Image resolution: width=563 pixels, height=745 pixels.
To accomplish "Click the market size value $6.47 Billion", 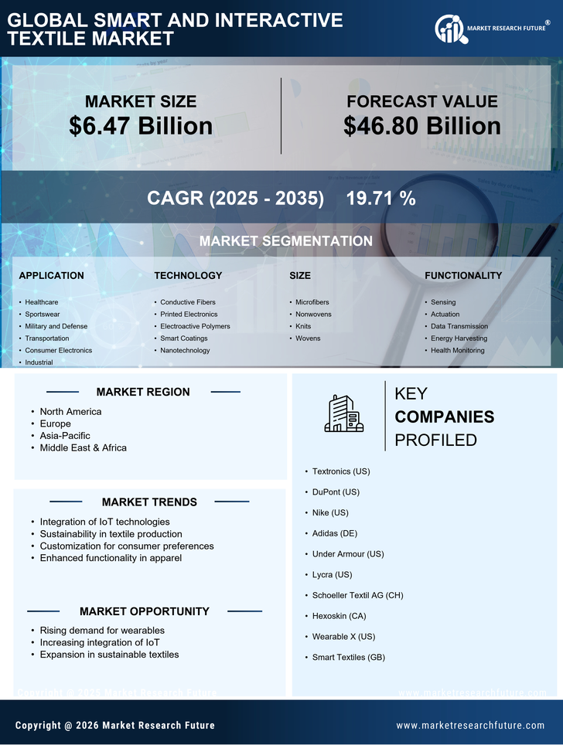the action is tap(141, 126).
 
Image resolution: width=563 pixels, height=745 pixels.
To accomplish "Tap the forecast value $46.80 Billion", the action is tap(421, 126).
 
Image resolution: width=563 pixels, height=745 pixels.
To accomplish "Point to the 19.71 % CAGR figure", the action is tap(380, 198).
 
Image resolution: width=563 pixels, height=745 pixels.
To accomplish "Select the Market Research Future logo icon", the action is tap(449, 29).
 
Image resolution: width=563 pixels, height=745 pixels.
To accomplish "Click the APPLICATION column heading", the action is tap(51, 275).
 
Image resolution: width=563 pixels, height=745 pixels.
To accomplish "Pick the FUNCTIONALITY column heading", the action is tap(462, 275).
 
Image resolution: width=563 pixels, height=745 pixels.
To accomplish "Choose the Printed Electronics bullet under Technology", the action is tap(189, 315).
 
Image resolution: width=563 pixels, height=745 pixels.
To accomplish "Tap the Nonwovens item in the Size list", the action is tap(313, 315).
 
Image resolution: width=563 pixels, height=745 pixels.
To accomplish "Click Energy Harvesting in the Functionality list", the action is tap(459, 338).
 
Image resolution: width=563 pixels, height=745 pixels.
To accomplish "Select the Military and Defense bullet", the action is tap(56, 326).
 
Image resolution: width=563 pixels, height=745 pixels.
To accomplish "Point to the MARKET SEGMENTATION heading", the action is tap(285, 241).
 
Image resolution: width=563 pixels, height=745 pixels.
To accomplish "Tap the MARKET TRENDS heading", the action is tap(149, 502).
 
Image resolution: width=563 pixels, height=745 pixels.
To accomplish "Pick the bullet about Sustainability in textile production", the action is tap(111, 534).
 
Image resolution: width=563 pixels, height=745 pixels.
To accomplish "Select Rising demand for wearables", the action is tap(102, 631).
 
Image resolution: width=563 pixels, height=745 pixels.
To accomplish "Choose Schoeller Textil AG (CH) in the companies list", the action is tap(357, 595).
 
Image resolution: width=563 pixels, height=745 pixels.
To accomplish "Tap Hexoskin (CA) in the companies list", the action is tap(339, 616).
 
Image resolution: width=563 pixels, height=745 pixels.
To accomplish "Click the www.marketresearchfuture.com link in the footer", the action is tap(470, 726).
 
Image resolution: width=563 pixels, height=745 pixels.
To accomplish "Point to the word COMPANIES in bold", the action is tap(444, 417).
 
